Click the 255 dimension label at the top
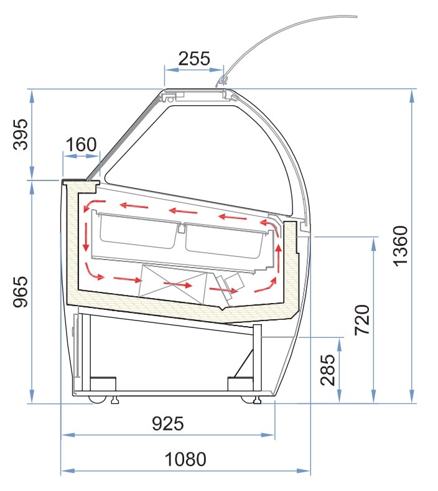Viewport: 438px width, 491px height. pos(194,58)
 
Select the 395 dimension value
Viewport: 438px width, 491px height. pos(21,134)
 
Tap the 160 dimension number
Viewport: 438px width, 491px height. pos(82,144)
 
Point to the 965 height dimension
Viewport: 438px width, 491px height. pos(21,292)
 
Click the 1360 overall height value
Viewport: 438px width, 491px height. pos(401,246)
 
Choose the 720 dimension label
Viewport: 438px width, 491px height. pos(363,320)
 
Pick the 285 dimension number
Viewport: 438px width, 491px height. pos(328,370)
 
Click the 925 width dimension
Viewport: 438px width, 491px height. pos(168,424)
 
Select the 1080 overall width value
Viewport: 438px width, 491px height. pos(185,459)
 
